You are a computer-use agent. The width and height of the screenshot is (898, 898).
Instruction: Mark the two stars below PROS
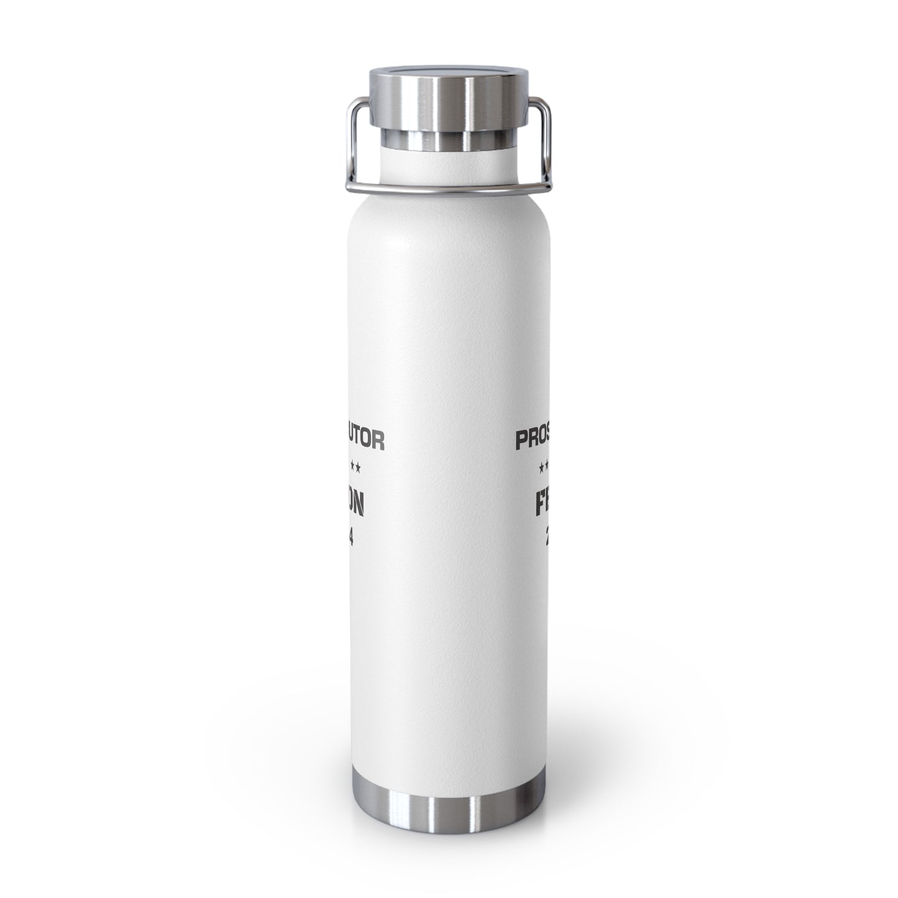click(x=544, y=464)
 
